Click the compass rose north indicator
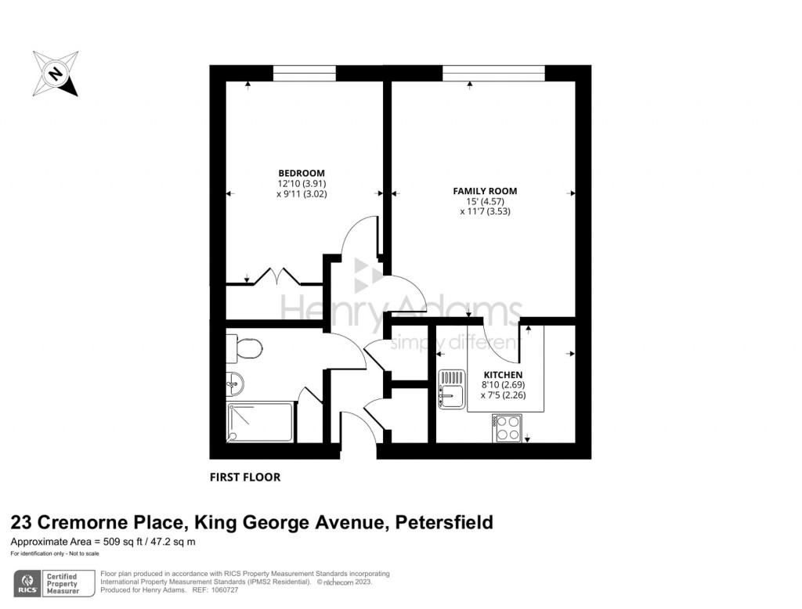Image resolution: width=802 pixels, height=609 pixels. point(55,74)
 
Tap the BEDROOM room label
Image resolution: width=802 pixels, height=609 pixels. point(302,173)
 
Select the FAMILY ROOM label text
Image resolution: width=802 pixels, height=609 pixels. point(485,191)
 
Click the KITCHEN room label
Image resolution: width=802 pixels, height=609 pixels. point(502,375)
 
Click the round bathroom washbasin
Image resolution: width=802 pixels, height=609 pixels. point(234,384)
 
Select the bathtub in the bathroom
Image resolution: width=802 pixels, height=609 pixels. point(260,422)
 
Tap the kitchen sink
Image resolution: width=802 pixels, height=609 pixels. point(452,390)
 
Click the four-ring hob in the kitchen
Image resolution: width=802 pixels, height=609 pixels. point(508,427)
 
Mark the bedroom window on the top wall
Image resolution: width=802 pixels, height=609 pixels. point(305,73)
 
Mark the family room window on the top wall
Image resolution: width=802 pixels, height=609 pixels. point(493,73)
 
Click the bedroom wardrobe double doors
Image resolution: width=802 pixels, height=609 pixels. point(280,276)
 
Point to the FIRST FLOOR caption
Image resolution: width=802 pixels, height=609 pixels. point(245,477)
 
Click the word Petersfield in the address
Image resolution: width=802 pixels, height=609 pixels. point(444,523)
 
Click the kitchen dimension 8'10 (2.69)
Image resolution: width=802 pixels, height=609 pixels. point(502,385)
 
